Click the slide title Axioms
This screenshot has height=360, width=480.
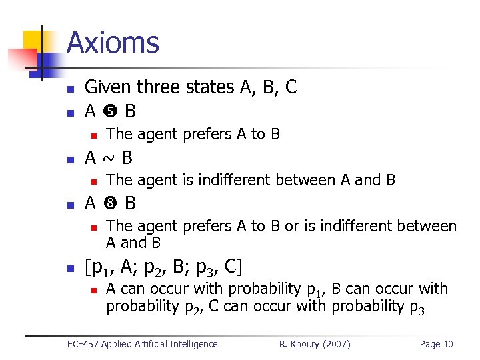(113, 43)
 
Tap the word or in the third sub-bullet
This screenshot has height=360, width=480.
(292, 227)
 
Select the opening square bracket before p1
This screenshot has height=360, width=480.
(89, 268)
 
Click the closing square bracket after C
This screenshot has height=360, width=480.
(239, 268)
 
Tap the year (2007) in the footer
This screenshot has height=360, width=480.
(337, 344)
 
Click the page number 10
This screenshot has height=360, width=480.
(447, 344)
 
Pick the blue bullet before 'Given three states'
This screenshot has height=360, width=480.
(69, 89)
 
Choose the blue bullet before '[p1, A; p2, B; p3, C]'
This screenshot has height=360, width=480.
(69, 269)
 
